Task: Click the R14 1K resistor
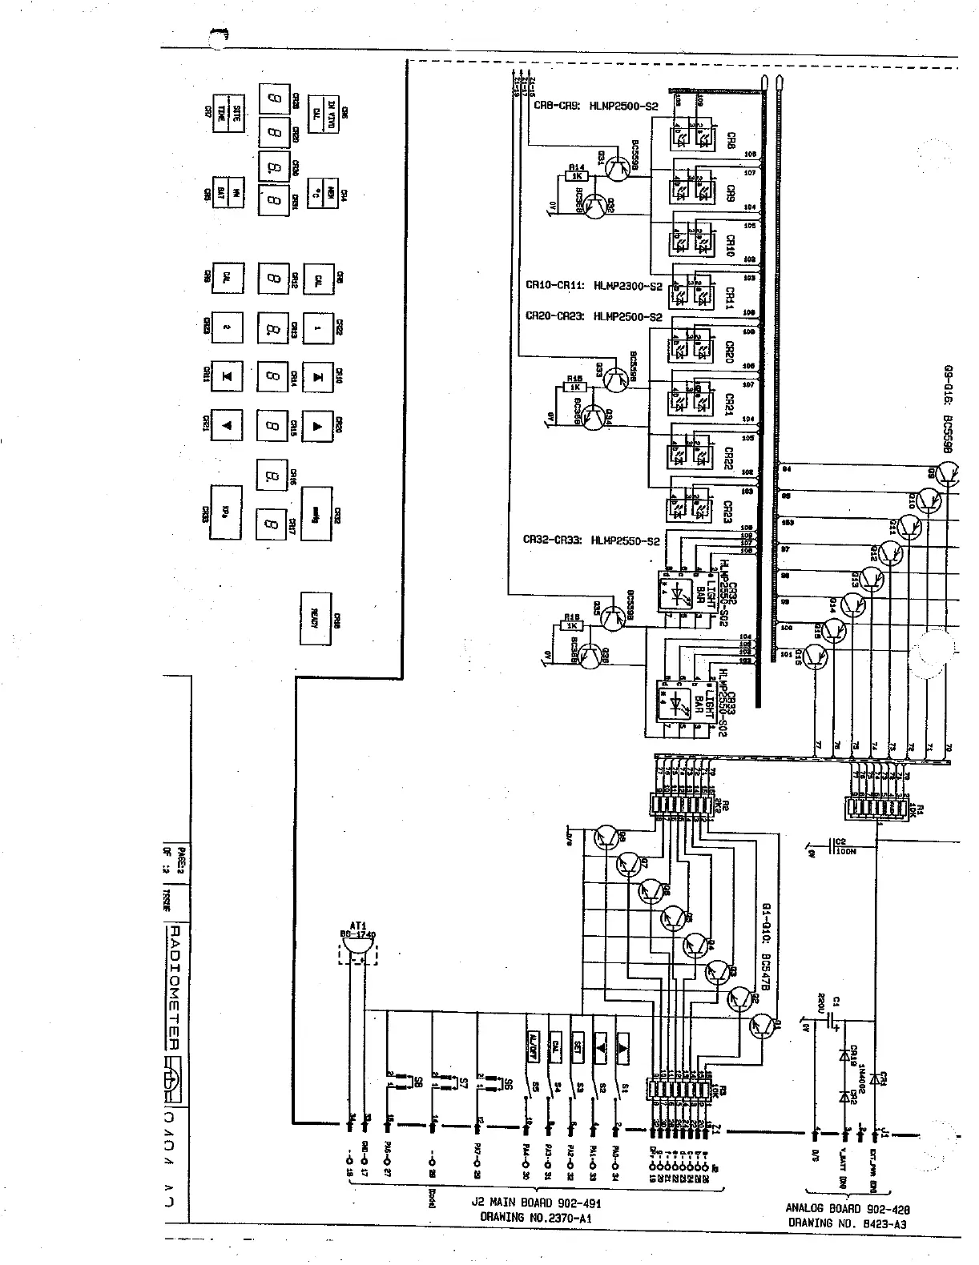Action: pos(577,175)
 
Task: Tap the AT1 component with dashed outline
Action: pos(357,950)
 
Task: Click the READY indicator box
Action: pos(316,619)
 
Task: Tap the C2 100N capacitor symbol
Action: pos(828,846)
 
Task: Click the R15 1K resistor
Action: pos(574,387)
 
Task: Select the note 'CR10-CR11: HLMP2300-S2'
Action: pos(594,285)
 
